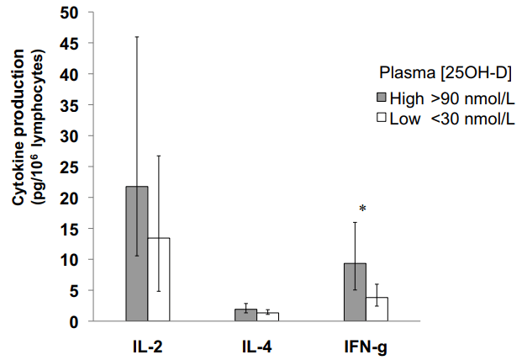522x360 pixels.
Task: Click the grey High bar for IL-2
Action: point(137,253)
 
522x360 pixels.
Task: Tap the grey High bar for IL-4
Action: point(245,315)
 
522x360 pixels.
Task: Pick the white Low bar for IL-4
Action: point(267,317)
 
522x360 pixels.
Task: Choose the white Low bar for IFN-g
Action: point(377,309)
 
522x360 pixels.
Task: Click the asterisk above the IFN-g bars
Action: point(362,208)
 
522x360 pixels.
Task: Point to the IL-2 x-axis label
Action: point(148,345)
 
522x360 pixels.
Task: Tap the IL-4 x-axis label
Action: point(256,345)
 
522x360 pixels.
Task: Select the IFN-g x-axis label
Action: point(365,345)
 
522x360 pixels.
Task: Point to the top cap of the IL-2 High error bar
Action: point(137,37)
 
